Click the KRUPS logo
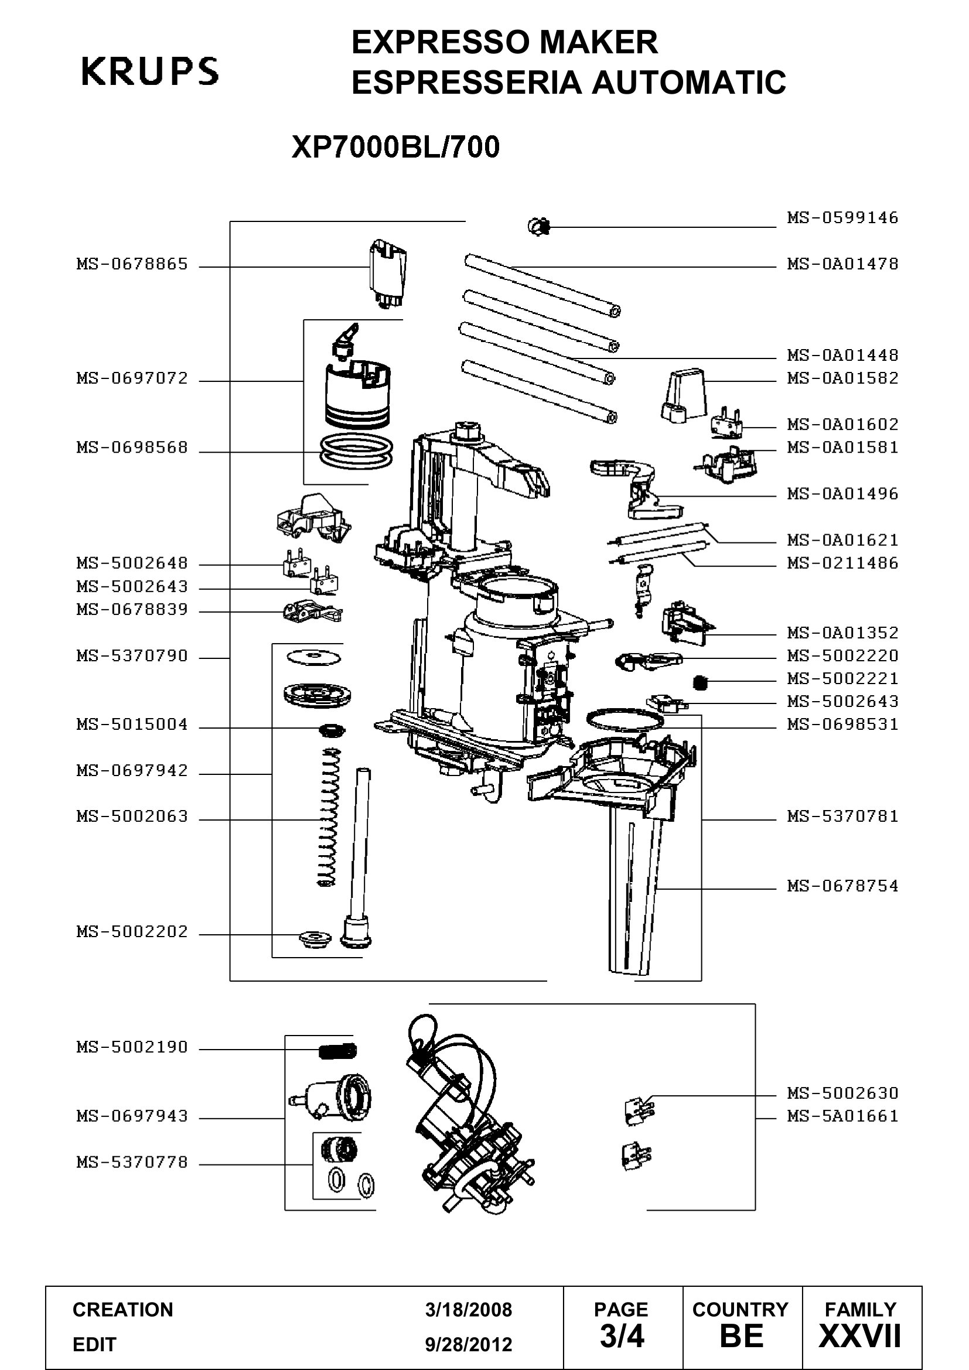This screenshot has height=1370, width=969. click(x=150, y=71)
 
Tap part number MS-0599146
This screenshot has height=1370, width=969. click(x=842, y=218)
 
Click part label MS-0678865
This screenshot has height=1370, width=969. click(x=132, y=264)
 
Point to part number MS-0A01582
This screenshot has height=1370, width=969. click(x=842, y=378)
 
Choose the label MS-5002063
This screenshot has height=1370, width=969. click(x=132, y=816)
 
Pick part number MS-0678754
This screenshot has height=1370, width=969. click(x=842, y=886)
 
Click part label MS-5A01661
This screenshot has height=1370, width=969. click(x=842, y=1116)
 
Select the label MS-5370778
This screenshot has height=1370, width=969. click(x=132, y=1162)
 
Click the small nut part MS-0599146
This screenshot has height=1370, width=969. click(x=539, y=226)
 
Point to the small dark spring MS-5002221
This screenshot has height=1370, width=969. click(x=701, y=681)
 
